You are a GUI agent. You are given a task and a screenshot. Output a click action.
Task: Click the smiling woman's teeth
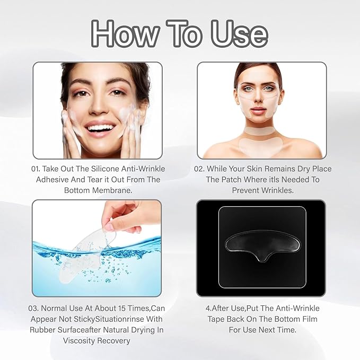(100, 128)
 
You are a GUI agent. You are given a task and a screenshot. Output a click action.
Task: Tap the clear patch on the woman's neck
(261, 129)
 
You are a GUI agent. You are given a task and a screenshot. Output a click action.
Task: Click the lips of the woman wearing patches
(261, 110)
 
